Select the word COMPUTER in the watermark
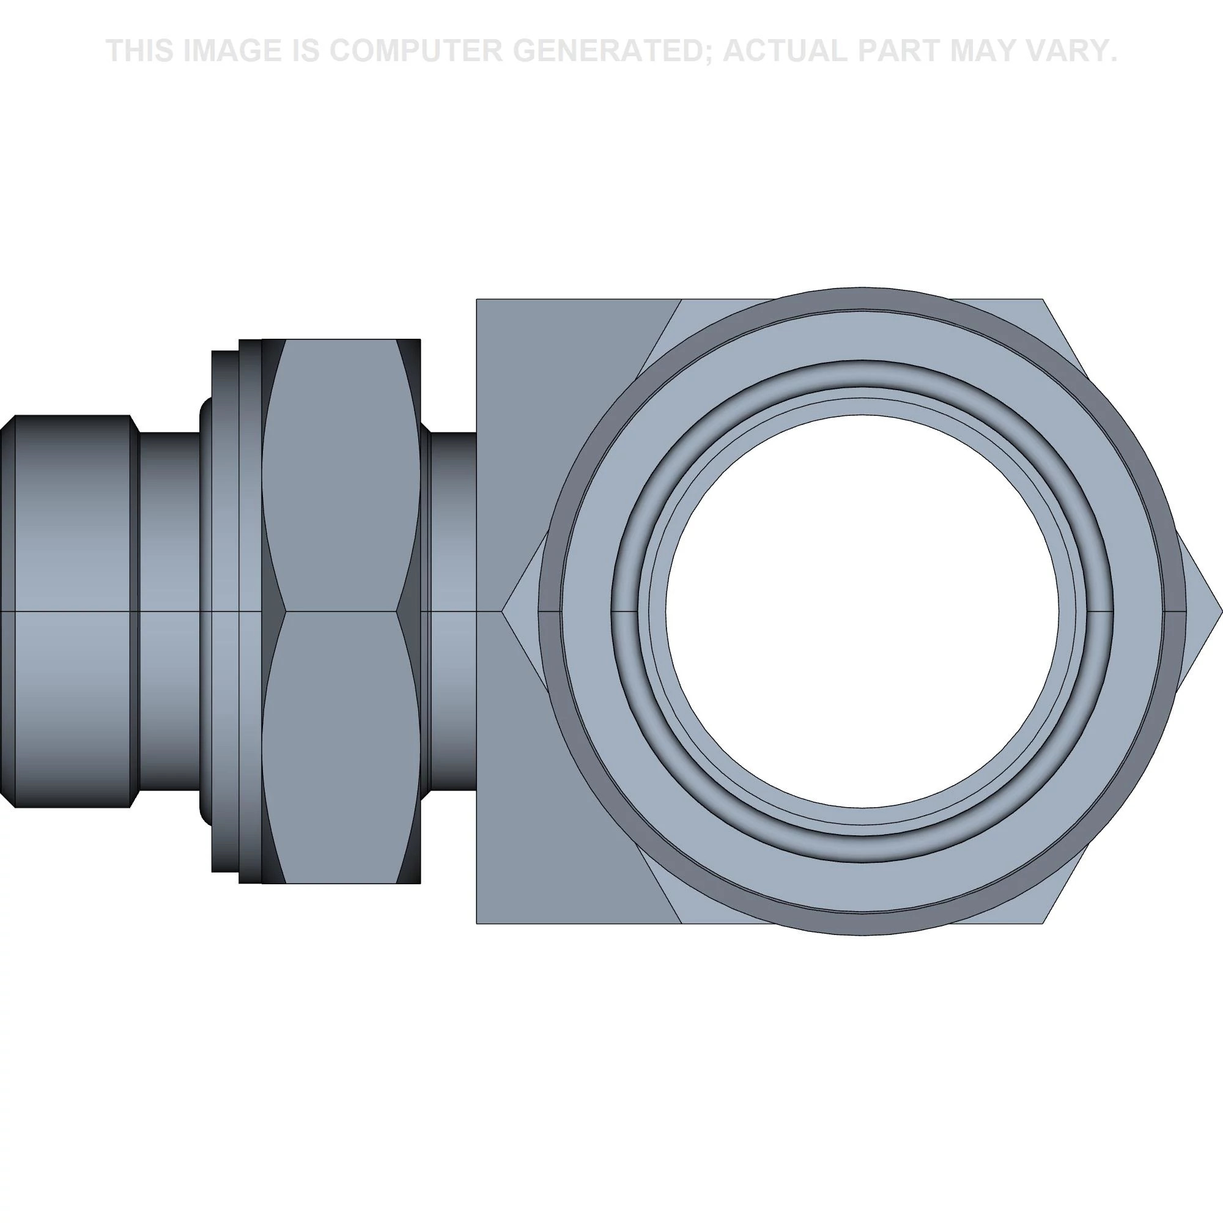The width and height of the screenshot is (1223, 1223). tap(416, 51)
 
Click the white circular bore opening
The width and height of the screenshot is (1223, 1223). tap(862, 611)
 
